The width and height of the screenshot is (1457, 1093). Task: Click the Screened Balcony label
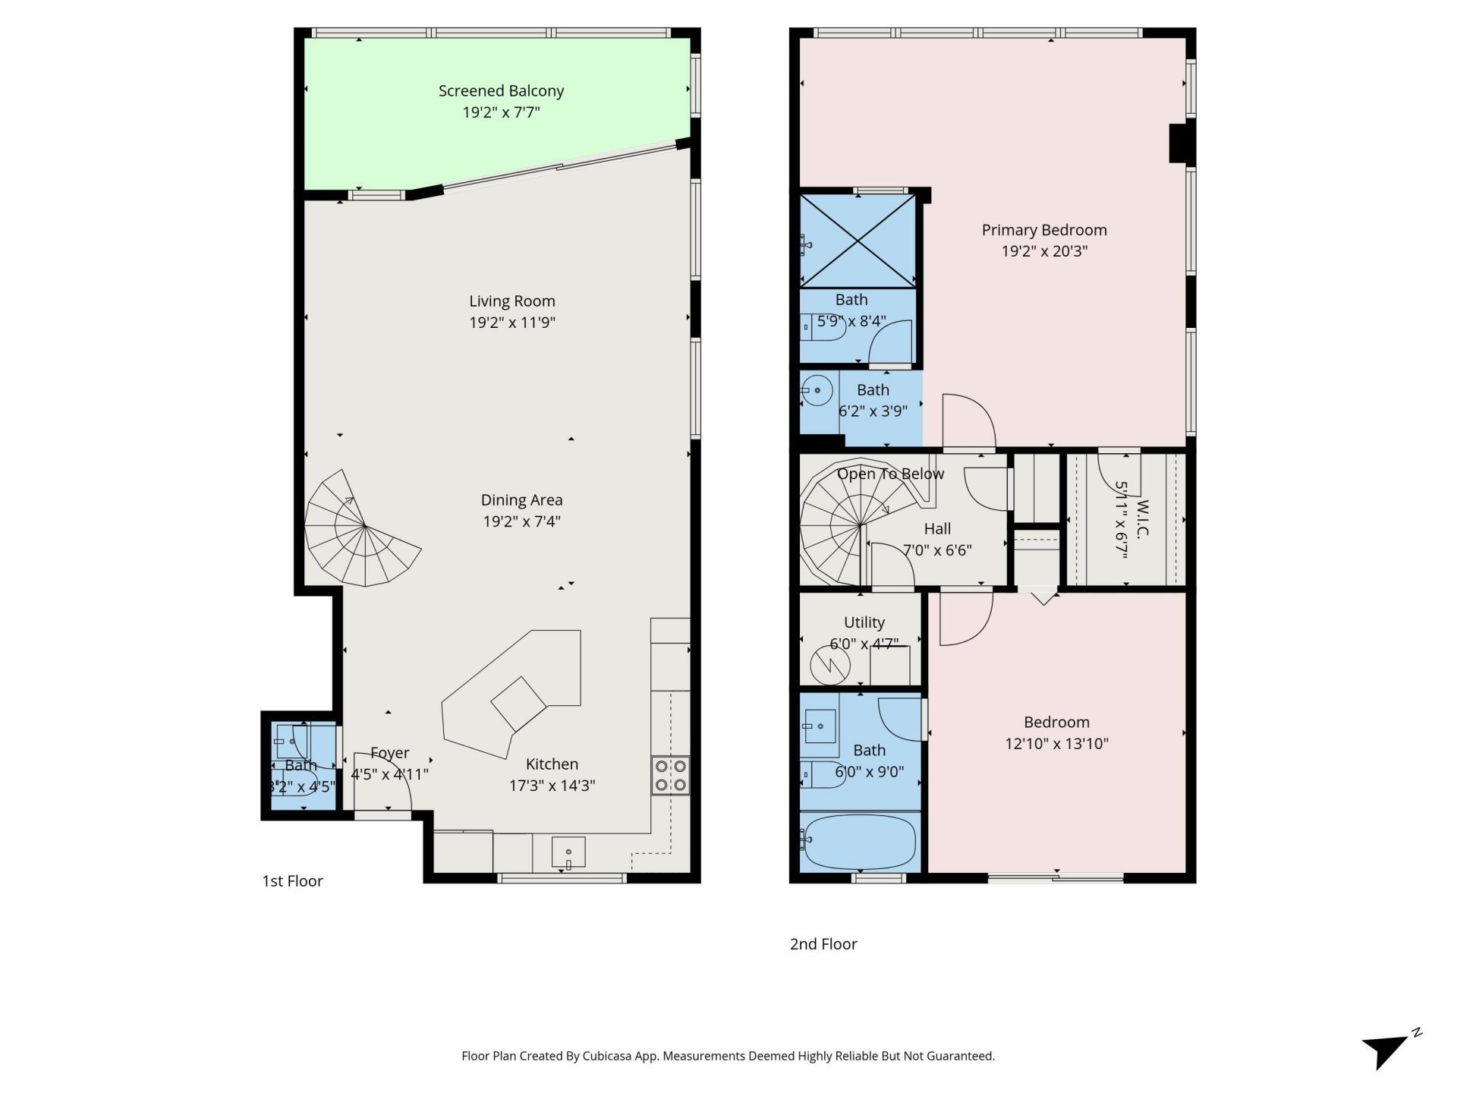pyautogui.click(x=501, y=91)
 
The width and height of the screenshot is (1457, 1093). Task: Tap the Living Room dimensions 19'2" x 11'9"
pyautogui.click(x=512, y=323)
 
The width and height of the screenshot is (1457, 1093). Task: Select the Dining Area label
pyautogui.click(x=521, y=500)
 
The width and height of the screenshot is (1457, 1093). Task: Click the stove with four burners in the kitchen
pyautogui.click(x=670, y=775)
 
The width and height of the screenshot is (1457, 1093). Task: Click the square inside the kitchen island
pyautogui.click(x=518, y=704)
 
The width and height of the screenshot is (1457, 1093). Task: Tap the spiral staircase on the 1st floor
pyautogui.click(x=357, y=531)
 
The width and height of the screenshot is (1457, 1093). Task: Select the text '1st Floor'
pyautogui.click(x=292, y=881)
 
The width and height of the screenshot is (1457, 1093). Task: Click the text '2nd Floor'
pyautogui.click(x=823, y=944)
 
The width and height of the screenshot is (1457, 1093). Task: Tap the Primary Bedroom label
pyautogui.click(x=1043, y=230)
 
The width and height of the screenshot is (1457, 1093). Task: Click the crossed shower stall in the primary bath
pyautogui.click(x=858, y=241)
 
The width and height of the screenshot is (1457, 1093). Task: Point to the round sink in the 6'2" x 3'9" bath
pyautogui.click(x=818, y=392)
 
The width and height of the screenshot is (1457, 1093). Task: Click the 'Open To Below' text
pyautogui.click(x=890, y=474)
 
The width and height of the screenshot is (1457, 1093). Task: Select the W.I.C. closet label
pyautogui.click(x=1142, y=518)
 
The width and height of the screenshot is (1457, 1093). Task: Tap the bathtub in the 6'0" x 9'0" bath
pyautogui.click(x=860, y=841)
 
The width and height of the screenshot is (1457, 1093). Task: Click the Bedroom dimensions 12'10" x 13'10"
pyautogui.click(x=1056, y=744)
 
